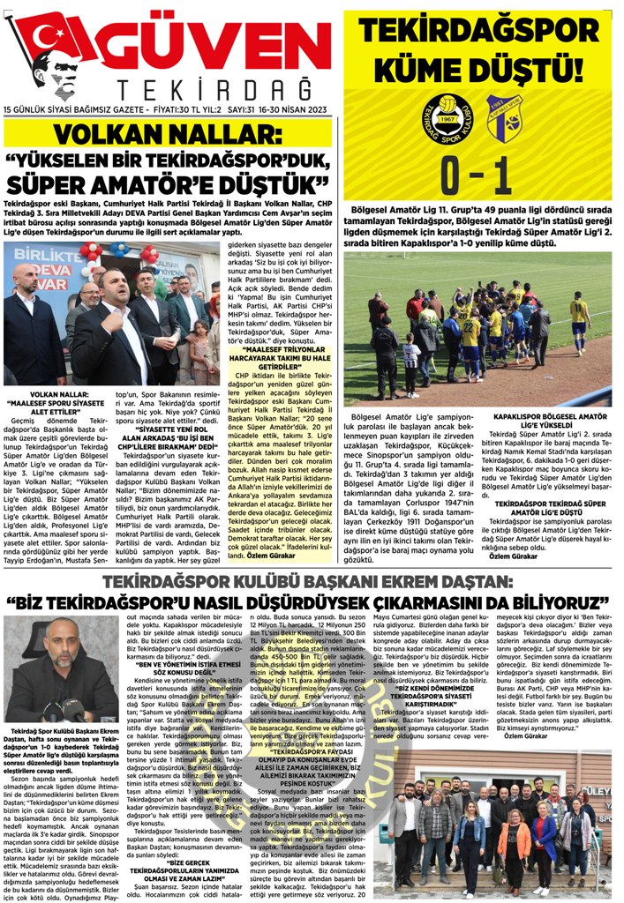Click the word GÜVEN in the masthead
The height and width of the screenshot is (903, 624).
224,41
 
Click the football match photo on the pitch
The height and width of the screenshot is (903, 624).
477,327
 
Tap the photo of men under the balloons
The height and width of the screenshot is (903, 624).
111,313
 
